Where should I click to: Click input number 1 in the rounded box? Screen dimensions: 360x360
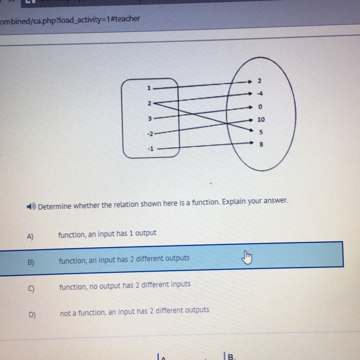click(x=149, y=88)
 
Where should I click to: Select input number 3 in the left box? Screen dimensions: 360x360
click(x=150, y=119)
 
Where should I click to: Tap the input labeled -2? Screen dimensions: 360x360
click(x=150, y=133)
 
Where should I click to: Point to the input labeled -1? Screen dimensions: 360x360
click(x=151, y=149)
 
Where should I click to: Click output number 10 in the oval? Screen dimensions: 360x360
click(x=261, y=120)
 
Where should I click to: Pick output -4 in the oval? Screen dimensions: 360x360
click(x=260, y=94)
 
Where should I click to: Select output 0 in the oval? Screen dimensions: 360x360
click(x=260, y=107)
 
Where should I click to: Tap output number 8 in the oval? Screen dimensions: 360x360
click(x=261, y=144)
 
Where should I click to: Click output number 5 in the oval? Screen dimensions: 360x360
click(x=261, y=132)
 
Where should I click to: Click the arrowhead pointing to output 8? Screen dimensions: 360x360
click(x=252, y=143)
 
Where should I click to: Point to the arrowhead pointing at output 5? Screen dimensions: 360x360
click(x=251, y=130)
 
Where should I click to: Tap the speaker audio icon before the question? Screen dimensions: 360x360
click(x=31, y=206)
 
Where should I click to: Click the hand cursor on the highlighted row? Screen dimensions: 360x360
click(x=247, y=257)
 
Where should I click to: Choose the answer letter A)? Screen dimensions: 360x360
click(x=30, y=236)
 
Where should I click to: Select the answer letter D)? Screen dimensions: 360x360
click(x=32, y=314)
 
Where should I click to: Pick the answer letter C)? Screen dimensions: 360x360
click(x=31, y=288)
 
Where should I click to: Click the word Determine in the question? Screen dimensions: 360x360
click(x=55, y=206)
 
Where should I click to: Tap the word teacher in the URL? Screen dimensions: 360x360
click(x=127, y=19)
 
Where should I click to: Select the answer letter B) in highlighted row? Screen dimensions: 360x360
click(x=31, y=262)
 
